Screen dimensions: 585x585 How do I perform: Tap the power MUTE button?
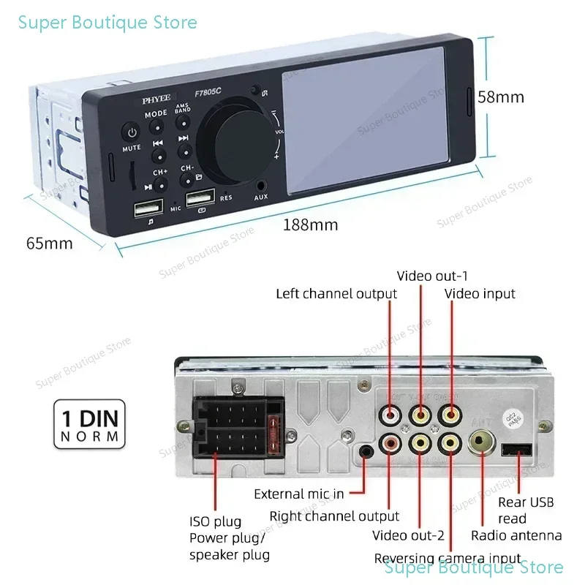(x=132, y=135)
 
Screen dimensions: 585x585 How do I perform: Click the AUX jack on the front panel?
(x=261, y=186)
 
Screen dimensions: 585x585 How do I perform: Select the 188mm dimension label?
(x=311, y=225)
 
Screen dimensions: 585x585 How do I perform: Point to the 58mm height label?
(x=501, y=97)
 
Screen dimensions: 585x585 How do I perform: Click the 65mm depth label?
(x=49, y=244)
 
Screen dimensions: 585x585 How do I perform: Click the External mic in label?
(x=298, y=494)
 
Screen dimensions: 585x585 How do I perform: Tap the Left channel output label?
(x=336, y=294)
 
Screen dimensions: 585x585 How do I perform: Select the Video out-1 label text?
(x=432, y=276)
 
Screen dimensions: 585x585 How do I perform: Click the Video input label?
(x=480, y=293)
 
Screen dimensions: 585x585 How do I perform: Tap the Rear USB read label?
(x=526, y=510)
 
